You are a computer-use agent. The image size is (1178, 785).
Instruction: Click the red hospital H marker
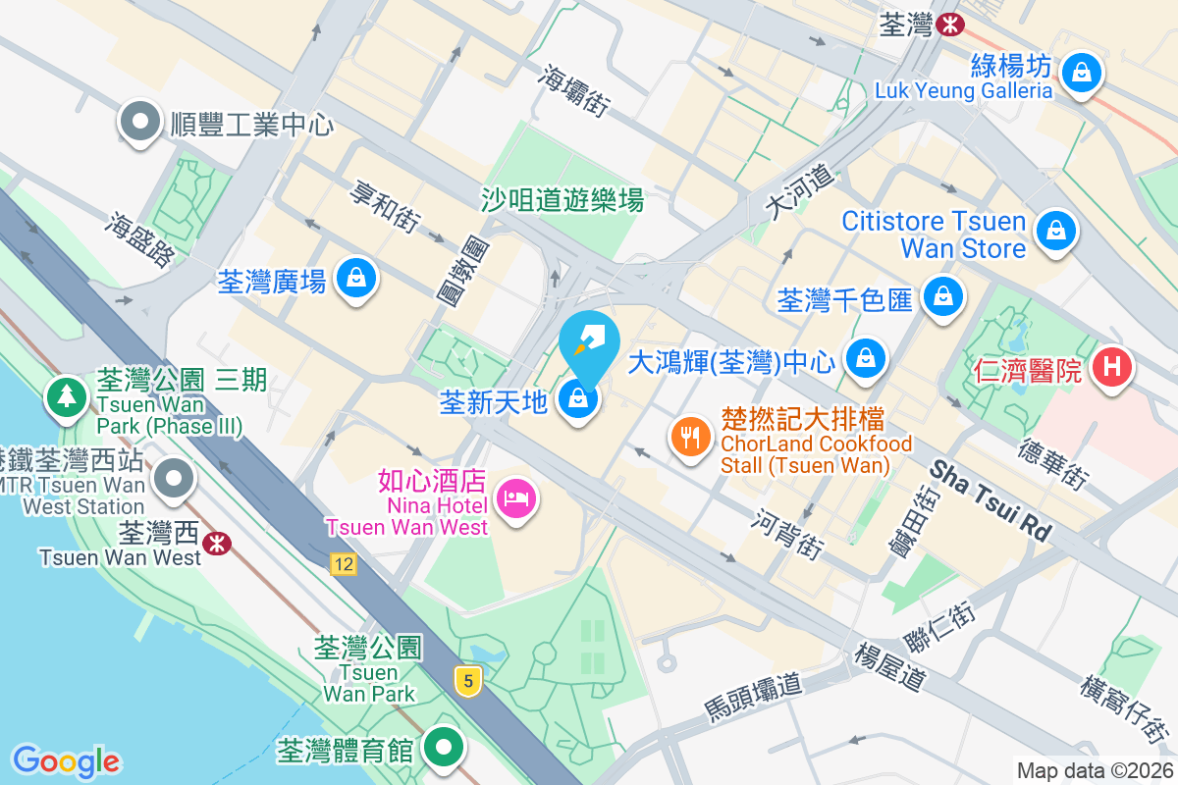point(1112,368)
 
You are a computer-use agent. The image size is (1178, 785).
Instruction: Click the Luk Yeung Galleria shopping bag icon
point(1080,72)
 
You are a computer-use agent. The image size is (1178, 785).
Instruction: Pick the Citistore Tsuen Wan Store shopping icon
point(1055,231)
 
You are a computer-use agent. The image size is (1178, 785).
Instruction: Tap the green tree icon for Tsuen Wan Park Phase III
point(67,395)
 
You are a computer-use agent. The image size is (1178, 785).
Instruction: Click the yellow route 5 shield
point(469,680)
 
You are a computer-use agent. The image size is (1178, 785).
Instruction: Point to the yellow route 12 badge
point(343,564)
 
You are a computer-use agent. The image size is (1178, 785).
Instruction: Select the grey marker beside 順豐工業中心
point(140,122)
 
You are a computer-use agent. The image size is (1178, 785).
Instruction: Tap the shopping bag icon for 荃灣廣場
point(355,279)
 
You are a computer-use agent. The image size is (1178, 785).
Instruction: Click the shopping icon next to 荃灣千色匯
point(943,294)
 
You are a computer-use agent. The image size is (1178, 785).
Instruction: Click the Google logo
point(66,760)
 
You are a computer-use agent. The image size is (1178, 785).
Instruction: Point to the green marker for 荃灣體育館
point(444,748)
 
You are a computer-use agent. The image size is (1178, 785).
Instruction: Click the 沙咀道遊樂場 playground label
point(562,200)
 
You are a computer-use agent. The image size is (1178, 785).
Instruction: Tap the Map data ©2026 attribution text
point(1094,770)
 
